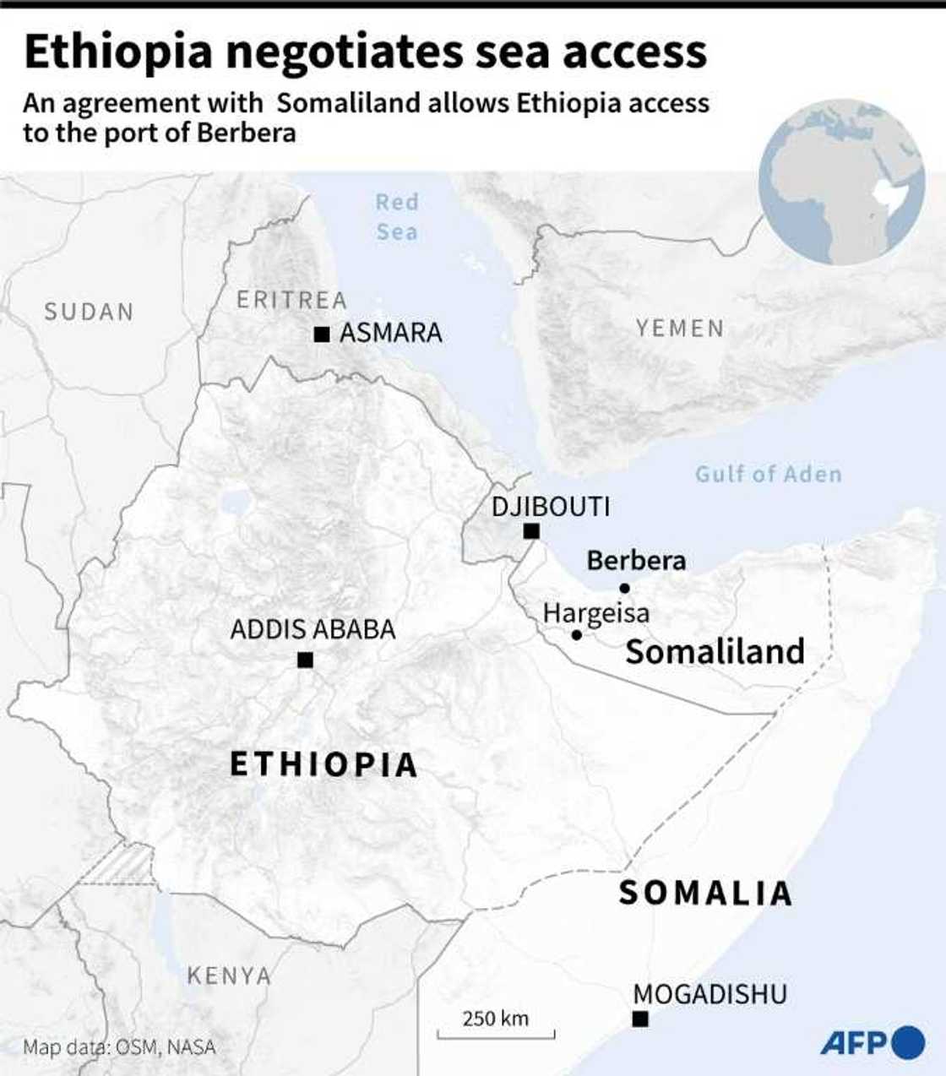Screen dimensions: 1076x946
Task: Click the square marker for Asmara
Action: [321, 335]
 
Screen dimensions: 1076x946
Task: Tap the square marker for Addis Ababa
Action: [305, 660]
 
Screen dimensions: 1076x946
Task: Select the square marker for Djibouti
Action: [531, 531]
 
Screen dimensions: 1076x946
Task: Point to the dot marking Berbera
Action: [624, 588]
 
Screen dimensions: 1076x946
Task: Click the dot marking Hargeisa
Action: [576, 634]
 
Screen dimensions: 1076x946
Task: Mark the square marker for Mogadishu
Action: [641, 1019]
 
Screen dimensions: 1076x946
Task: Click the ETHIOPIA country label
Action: [324, 764]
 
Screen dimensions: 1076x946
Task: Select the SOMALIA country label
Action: [705, 893]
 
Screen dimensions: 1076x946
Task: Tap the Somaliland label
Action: [715, 651]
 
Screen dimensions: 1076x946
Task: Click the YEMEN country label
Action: [680, 328]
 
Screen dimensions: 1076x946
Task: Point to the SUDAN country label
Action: [89, 312]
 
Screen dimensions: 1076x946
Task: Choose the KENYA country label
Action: [229, 975]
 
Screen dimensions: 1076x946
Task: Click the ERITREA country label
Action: [291, 300]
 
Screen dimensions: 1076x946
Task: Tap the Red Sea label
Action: [397, 217]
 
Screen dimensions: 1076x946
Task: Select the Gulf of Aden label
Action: [768, 474]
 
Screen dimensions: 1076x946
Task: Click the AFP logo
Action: [872, 1042]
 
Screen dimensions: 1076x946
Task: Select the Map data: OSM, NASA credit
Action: [119, 1047]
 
